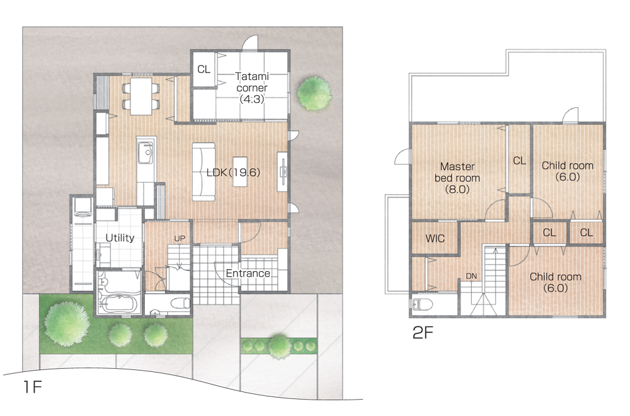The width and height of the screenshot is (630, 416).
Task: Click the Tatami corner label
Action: pos(252,88)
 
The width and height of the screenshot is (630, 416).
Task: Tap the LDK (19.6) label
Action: pos(233,173)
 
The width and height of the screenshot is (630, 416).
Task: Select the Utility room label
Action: pos(120,238)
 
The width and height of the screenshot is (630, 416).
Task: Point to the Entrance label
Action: pos(248,274)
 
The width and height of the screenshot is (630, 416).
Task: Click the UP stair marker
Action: pos(180,238)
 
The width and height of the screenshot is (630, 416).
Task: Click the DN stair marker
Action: pos(471,276)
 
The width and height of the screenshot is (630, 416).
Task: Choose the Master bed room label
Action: pos(457,178)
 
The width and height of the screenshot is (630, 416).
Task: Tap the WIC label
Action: pos(435,238)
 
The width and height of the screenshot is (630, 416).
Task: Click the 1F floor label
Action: pos(32,386)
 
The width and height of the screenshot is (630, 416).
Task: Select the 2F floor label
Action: pos(423,333)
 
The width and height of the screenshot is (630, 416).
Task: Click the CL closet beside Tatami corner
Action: pos(203,69)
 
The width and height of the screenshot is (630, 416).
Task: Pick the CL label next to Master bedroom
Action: pos(519,161)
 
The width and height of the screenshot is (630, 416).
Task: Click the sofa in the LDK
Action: pos(203,171)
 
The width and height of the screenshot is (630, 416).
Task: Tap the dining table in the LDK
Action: pos(141,96)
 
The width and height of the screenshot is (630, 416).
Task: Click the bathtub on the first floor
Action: pos(118,303)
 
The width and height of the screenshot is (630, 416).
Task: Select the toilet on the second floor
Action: pos(422,304)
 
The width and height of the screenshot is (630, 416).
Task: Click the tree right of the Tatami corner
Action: pos(314,94)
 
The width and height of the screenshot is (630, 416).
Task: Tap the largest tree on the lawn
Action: pos(66,324)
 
